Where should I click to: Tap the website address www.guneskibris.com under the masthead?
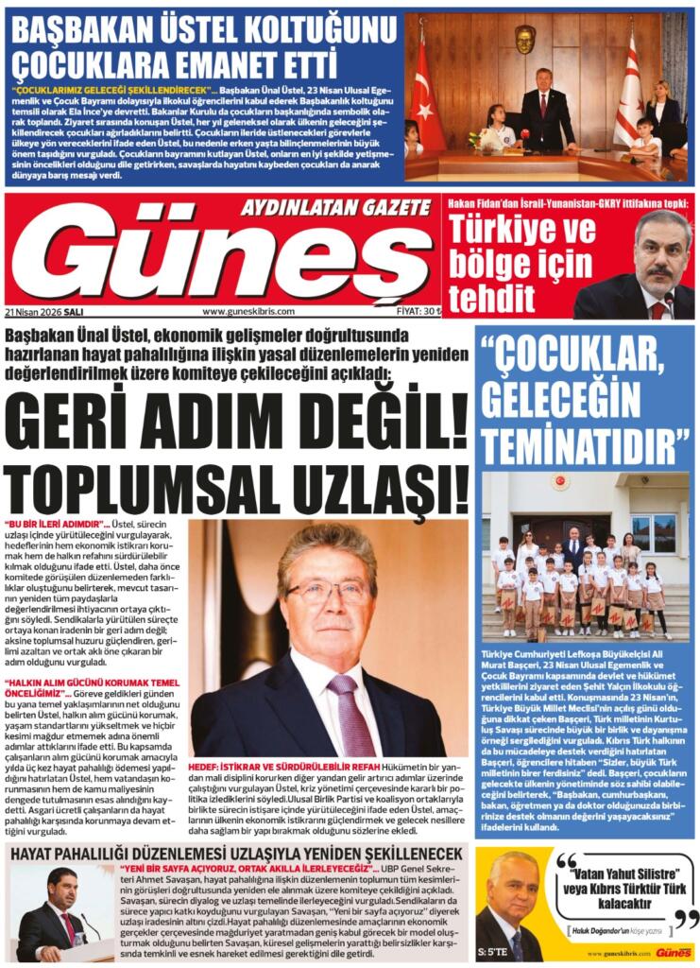tap(248, 311)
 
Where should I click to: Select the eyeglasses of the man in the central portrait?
tap(328, 592)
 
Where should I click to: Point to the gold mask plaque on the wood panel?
tap(525, 39)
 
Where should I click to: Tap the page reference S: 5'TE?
tap(495, 950)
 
